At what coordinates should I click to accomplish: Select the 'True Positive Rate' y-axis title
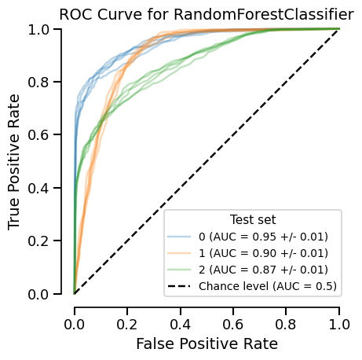point(15,162)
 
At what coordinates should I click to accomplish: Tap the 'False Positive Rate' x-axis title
point(207,343)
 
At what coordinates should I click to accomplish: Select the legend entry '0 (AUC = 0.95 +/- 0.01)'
point(263,236)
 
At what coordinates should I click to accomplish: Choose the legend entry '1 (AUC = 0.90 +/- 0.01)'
point(263,252)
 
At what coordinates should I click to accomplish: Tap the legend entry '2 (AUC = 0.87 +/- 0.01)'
point(263,269)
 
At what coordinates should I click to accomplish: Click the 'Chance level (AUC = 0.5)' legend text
point(268,285)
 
